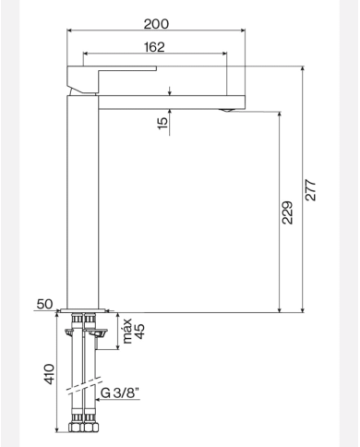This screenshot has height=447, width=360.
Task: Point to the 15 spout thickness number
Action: click(x=163, y=122)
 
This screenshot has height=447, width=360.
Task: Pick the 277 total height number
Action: click(x=312, y=190)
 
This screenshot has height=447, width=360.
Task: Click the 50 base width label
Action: click(x=44, y=303)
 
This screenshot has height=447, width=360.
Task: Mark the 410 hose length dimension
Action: click(x=51, y=373)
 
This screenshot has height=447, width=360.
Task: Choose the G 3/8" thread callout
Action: click(x=121, y=393)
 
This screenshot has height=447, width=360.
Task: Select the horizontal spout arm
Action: click(x=171, y=100)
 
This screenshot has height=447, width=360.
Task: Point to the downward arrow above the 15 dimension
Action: click(x=170, y=91)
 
